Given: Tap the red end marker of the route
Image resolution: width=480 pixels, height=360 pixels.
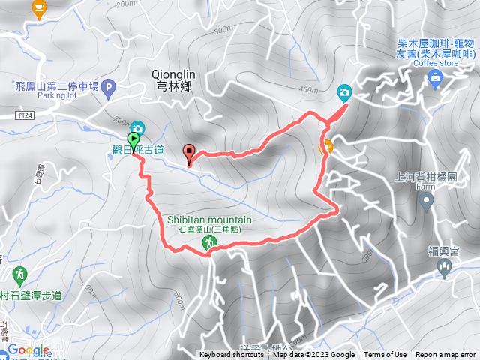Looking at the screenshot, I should click(x=188, y=152).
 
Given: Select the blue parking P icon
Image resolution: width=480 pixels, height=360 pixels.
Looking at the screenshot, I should click(x=110, y=88).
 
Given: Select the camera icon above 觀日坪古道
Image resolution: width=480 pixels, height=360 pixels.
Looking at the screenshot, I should click(x=137, y=128).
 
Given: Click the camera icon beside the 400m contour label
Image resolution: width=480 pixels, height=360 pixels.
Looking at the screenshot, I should click(x=344, y=92).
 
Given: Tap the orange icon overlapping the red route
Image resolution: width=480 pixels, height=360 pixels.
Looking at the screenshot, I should click(x=325, y=147).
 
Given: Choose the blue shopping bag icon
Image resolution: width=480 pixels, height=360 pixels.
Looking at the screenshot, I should click(x=435, y=77).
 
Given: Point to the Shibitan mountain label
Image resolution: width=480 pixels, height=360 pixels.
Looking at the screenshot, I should click(x=208, y=220).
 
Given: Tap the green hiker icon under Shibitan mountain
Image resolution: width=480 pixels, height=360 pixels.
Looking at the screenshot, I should click(x=208, y=242).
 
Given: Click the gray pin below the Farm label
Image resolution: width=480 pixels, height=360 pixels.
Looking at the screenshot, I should click(x=426, y=201).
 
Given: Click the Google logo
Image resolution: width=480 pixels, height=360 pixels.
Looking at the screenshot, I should click(x=28, y=350).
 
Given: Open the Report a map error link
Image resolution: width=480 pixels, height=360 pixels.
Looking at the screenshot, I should click(x=446, y=355).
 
